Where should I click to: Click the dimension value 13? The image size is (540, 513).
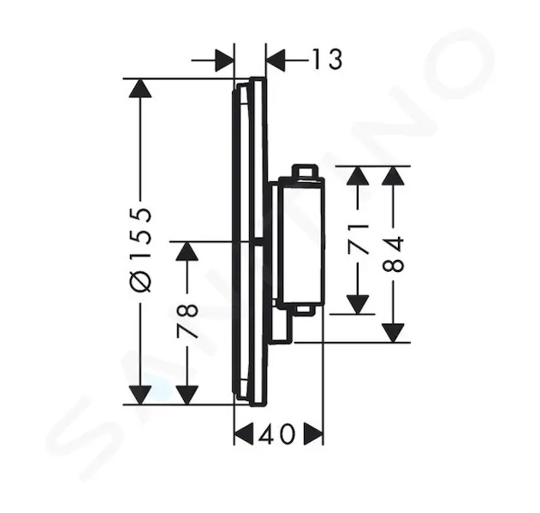coord(328,60)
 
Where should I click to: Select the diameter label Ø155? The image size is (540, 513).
coord(140,250)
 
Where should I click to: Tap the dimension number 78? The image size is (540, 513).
coord(187,321)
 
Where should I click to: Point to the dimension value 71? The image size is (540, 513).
coord(358,239)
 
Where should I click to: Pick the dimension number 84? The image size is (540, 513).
coord(393,254)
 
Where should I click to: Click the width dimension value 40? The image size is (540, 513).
coord(277,433)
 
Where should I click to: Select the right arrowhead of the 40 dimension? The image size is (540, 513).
coord(313,433)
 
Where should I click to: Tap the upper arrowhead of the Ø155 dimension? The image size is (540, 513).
coord(140,88)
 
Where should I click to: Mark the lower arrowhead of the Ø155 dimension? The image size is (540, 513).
coord(140,395)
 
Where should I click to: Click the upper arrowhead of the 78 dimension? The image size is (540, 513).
coord(187,251)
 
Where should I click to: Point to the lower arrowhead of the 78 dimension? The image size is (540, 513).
coord(187,395)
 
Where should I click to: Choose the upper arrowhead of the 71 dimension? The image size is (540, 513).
coord(358,175)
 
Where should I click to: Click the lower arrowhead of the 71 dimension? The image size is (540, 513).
coord(358,304)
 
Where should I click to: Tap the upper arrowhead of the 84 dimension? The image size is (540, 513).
coord(393,175)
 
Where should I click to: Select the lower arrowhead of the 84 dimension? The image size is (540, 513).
coord(393,333)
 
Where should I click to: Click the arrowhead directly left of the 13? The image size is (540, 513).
coord(276,60)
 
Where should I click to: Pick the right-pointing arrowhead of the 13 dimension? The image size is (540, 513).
coord(224,60)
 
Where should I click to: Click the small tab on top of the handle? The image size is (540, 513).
coord(304,171)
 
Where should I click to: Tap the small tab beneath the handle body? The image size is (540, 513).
coord(304,310)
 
